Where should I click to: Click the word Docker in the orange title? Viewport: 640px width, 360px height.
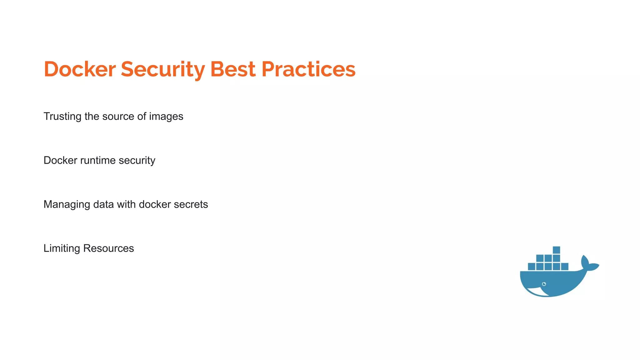tap(80, 69)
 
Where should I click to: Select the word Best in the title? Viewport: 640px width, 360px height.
tap(233, 69)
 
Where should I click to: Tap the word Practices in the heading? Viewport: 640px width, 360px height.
tap(308, 69)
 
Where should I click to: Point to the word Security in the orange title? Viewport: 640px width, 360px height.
tap(163, 69)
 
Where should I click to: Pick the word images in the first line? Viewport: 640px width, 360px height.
tap(166, 117)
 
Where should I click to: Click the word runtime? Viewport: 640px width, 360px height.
tap(98, 161)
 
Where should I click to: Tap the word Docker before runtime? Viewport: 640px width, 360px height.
tap(60, 161)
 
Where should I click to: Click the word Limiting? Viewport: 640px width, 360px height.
tap(62, 248)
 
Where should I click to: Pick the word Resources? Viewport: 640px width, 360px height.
tap(108, 248)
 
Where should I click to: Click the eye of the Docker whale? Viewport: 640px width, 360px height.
tap(544, 284)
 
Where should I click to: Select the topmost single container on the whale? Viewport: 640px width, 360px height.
tap(556, 250)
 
